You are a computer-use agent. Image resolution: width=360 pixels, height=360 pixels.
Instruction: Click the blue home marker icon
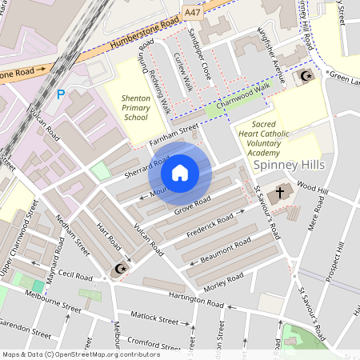pos(180,173)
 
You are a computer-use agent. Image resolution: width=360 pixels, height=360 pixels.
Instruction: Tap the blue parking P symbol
pos(61,94)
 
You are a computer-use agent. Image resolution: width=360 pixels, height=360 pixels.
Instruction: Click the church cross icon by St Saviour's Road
pos(280,192)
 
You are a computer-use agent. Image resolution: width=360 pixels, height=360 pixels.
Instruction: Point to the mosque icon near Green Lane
pos(305,77)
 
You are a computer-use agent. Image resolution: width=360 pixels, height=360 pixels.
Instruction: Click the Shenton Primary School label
pos(135,107)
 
